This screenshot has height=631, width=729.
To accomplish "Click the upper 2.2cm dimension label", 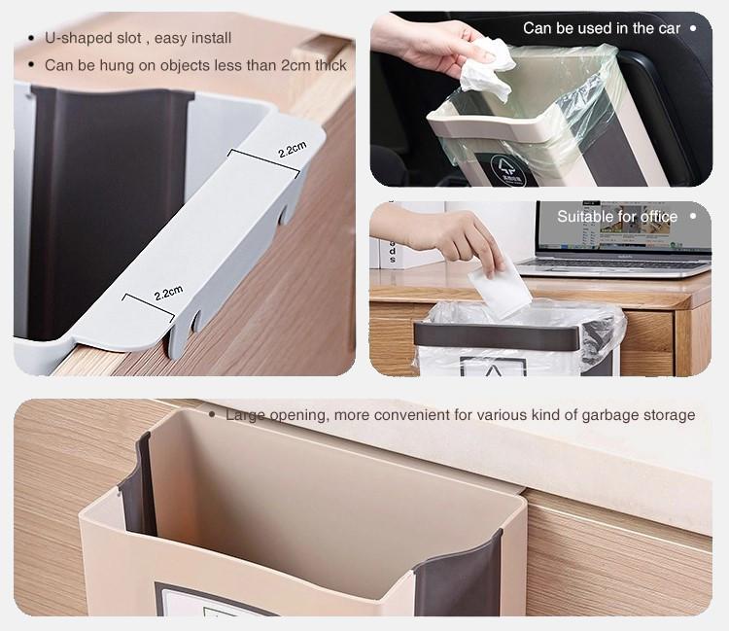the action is [x=292, y=150].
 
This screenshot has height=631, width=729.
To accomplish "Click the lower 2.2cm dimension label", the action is [x=168, y=293].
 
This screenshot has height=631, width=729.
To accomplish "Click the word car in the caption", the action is [x=669, y=28].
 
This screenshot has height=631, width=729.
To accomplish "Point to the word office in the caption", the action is [x=659, y=216].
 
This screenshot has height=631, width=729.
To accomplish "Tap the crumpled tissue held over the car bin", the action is [x=487, y=68].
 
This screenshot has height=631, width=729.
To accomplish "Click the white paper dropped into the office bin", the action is [x=500, y=289].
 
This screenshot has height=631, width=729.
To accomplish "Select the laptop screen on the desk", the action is [x=623, y=228].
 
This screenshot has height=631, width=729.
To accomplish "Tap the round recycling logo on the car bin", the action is [x=507, y=170].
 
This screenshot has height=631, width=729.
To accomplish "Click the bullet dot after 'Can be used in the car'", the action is [x=693, y=28].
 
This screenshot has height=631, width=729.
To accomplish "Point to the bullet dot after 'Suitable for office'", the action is [x=693, y=216].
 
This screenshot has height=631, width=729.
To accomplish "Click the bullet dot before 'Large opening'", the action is [x=212, y=414].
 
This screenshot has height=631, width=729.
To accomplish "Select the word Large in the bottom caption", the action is [x=245, y=415].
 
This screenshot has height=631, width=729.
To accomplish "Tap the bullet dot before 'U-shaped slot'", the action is [x=31, y=38].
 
